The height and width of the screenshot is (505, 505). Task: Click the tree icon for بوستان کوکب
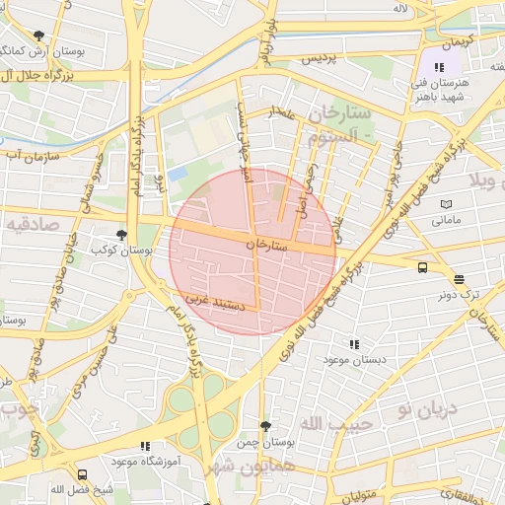click(x=121, y=235)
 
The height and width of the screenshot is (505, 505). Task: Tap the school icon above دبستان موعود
click(x=354, y=344)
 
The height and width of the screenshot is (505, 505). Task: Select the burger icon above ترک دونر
click(x=459, y=279)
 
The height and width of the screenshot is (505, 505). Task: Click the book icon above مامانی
click(x=446, y=204)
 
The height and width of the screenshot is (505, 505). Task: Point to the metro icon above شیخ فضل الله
click(x=82, y=474)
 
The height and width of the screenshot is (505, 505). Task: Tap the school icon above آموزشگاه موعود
click(x=146, y=447)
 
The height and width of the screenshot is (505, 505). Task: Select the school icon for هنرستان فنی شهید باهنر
click(x=439, y=68)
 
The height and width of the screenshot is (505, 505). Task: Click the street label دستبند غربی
click(x=213, y=307)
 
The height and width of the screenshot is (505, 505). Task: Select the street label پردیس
click(x=319, y=58)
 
